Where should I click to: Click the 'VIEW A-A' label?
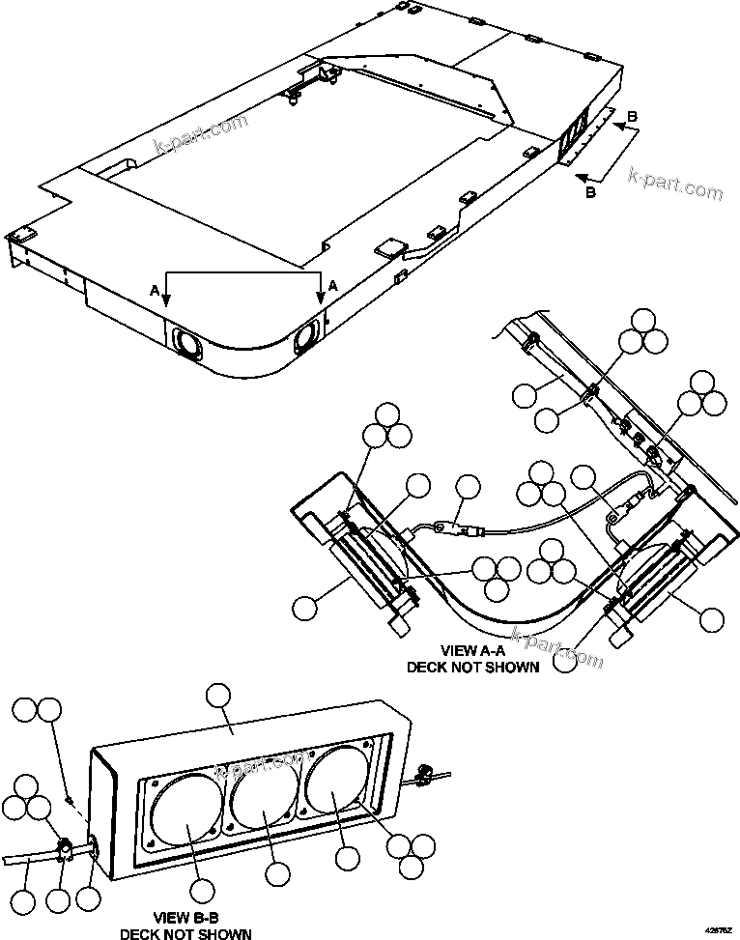[x=472, y=651]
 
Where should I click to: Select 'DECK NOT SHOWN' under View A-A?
[x=472, y=667]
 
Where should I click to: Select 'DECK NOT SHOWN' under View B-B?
[x=185, y=932]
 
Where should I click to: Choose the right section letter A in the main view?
[x=332, y=286]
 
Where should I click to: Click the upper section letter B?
[x=632, y=118]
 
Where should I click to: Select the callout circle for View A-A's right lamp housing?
[x=712, y=618]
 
